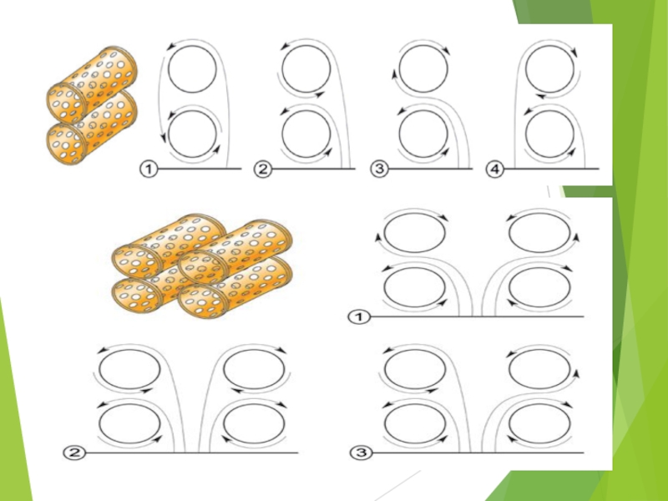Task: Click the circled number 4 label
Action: pyautogui.click(x=494, y=170)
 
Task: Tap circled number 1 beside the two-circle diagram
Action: pyautogui.click(x=149, y=170)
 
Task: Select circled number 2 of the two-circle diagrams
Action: pyautogui.click(x=263, y=170)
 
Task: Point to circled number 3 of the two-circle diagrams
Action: pyautogui.click(x=380, y=170)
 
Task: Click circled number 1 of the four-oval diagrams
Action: pyautogui.click(x=360, y=317)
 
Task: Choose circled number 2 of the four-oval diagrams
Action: pyautogui.click(x=74, y=453)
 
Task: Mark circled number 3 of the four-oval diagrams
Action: pyautogui.click(x=361, y=453)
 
